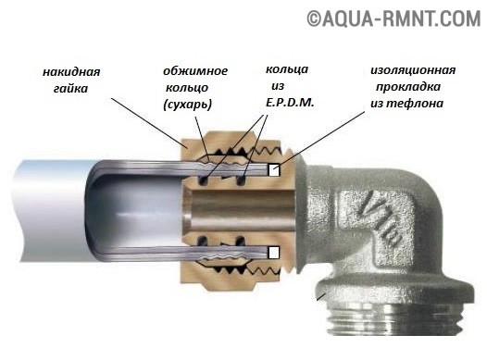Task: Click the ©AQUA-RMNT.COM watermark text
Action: (393, 19)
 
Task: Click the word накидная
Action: (71, 72)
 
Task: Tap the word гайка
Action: (70, 89)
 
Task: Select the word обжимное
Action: (195, 71)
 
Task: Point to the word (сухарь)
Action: (188, 105)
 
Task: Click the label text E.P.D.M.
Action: (290, 103)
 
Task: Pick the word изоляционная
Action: (413, 70)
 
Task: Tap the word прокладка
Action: (408, 87)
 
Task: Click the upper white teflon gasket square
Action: (274, 169)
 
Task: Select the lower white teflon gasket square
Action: (274, 253)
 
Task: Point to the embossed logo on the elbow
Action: (380, 218)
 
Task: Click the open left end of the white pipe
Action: (19, 211)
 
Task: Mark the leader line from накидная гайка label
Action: (146, 123)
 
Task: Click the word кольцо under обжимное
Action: (187, 88)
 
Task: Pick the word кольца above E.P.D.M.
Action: (287, 69)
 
